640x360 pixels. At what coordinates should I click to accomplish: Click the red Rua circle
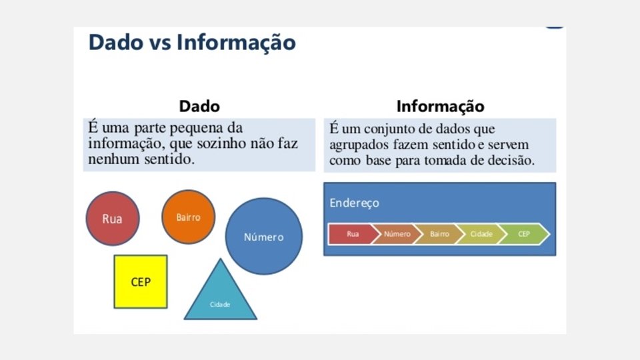(x=113, y=219)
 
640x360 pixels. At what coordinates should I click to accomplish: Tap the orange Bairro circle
(x=188, y=217)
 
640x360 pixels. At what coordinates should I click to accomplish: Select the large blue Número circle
(x=263, y=237)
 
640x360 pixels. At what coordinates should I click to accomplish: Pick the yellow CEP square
(x=141, y=281)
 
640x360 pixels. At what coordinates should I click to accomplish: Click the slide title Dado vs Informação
(x=192, y=42)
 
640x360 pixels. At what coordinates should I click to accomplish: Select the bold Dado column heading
(x=199, y=106)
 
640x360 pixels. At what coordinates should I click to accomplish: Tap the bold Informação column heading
(x=440, y=106)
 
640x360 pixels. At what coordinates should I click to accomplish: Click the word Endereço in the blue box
(x=354, y=203)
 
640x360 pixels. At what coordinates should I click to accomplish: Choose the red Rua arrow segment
(x=351, y=234)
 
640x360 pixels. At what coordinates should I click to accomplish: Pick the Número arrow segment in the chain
(x=397, y=234)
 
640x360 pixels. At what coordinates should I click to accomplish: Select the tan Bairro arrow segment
(x=439, y=234)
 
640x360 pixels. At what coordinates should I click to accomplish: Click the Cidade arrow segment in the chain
(x=481, y=234)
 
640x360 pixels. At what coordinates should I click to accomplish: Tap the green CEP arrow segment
(x=523, y=234)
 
